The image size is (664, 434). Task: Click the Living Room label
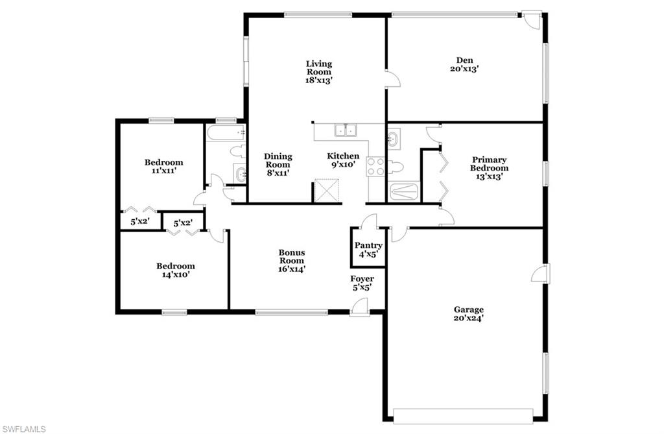click(x=319, y=68)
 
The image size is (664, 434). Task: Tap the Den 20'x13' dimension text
click(x=464, y=69)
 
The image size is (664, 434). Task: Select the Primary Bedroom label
click(x=489, y=163)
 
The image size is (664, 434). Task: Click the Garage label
click(x=468, y=309)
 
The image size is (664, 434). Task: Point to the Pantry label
click(x=368, y=245)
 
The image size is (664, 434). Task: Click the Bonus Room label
click(x=292, y=256)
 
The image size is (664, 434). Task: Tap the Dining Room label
click(x=278, y=160)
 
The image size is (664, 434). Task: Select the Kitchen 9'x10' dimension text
click(x=343, y=164)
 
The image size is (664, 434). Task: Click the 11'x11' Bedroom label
click(x=164, y=162)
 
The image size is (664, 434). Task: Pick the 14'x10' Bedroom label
click(x=176, y=266)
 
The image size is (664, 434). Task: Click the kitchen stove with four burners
click(x=375, y=166)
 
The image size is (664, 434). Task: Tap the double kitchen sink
click(x=346, y=130)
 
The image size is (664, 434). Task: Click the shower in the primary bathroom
click(x=404, y=191)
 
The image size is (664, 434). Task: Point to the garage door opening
click(x=463, y=416)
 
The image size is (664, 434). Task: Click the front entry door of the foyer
click(x=359, y=307)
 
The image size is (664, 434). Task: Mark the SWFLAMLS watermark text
click(x=24, y=429)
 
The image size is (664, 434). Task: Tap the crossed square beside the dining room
click(x=327, y=191)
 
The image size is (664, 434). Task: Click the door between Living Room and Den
click(x=392, y=79)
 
